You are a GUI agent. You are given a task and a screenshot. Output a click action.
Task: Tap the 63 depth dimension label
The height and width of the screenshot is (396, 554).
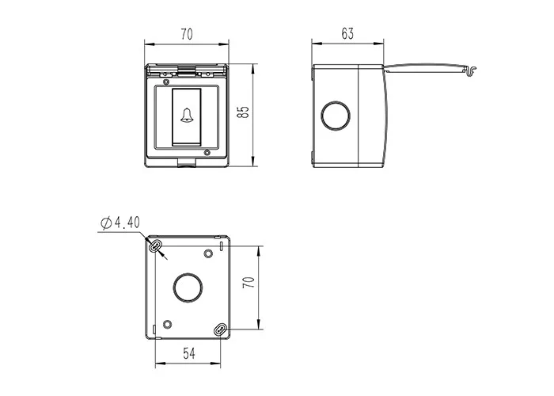[347, 33]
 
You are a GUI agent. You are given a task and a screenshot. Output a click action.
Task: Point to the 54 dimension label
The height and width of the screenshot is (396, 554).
[188, 352]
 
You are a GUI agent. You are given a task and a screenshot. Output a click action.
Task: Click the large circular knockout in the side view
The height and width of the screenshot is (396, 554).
[335, 116]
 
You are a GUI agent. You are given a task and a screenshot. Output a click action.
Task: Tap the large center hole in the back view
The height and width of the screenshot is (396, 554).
[187, 288]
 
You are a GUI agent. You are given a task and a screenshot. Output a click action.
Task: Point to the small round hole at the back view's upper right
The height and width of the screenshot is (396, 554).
[208, 253]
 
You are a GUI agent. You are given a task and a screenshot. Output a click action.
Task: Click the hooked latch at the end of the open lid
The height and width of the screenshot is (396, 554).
[468, 73]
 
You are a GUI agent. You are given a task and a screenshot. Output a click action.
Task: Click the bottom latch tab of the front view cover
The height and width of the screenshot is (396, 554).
[187, 164]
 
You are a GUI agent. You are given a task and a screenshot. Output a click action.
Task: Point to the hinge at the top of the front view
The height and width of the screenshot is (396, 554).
[187, 70]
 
